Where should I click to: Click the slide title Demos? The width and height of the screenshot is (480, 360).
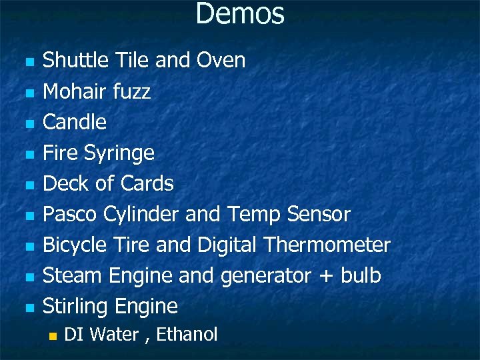pyautogui.click(x=240, y=14)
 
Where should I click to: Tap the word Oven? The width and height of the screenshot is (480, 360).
pyautogui.click(x=221, y=61)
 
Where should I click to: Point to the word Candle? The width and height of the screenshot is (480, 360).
pyautogui.click(x=75, y=122)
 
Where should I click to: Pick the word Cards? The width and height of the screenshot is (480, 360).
pyautogui.click(x=147, y=183)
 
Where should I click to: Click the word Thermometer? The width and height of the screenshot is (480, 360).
pyautogui.click(x=327, y=245)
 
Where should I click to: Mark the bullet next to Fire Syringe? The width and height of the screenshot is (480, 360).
pyautogui.click(x=29, y=155)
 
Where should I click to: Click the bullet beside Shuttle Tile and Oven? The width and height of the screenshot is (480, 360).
pyautogui.click(x=29, y=62)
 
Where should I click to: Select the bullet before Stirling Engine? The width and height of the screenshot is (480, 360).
pyautogui.click(x=29, y=308)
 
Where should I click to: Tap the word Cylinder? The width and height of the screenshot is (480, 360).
pyautogui.click(x=145, y=215)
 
